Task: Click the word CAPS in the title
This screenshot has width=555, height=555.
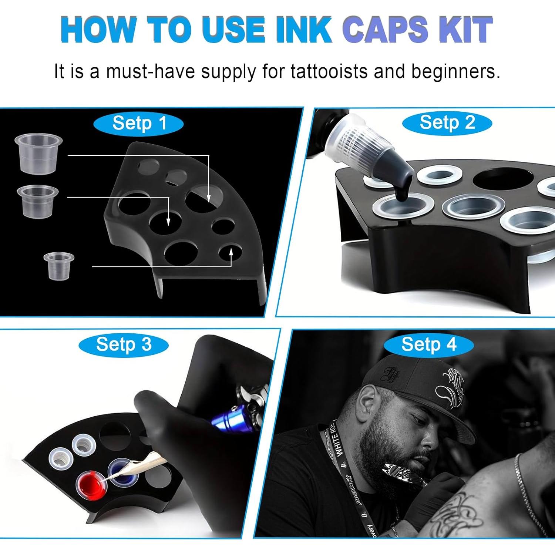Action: [x=388, y=30]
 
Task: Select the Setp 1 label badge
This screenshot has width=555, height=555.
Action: [x=139, y=123]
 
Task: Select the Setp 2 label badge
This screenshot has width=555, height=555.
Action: [x=447, y=122]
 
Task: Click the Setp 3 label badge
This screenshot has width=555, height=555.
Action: [x=124, y=344]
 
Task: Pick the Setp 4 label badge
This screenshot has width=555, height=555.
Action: [x=428, y=345]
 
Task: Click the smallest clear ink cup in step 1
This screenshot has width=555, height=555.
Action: [x=58, y=265]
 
